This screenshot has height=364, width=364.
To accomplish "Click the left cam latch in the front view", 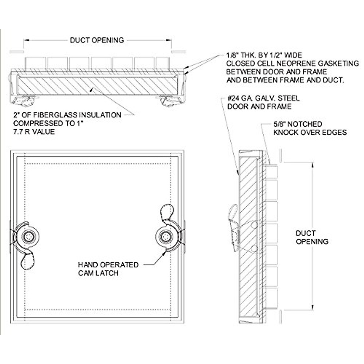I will pyautogui.click(x=28, y=236).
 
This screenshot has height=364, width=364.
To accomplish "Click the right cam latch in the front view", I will pyautogui.click(x=165, y=236).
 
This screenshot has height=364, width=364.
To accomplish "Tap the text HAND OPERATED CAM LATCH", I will pyautogui.click(x=108, y=269).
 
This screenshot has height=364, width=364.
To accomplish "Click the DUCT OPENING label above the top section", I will pyautogui.click(x=97, y=40).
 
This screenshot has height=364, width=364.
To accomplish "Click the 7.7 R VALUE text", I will pyautogui.click(x=34, y=132).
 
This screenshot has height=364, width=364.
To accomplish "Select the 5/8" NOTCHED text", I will pyautogui.click(x=298, y=124).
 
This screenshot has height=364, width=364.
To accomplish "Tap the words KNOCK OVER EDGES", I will pyautogui.click(x=310, y=132).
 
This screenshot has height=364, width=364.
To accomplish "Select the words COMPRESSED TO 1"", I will pyautogui.click(x=48, y=123).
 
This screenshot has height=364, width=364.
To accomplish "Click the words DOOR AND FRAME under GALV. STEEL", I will pyautogui.click(x=259, y=106).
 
